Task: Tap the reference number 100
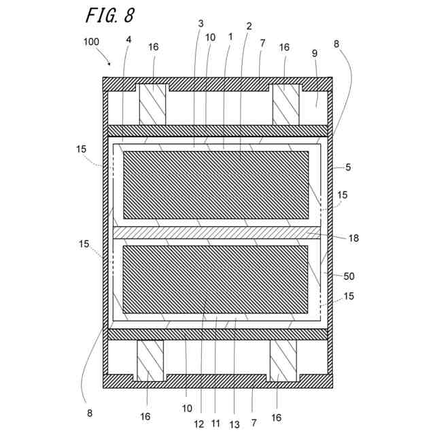[92, 42]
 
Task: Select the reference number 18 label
[353, 238]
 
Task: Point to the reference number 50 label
[349, 276]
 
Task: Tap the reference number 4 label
[129, 39]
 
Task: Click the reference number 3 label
[201, 24]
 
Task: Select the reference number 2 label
[249, 26]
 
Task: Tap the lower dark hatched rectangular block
[215, 277]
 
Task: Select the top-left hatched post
[152, 104]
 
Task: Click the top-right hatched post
[285, 104]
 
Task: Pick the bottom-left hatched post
[151, 360]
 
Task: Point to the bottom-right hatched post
[283, 360]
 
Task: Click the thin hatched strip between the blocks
[215, 232]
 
